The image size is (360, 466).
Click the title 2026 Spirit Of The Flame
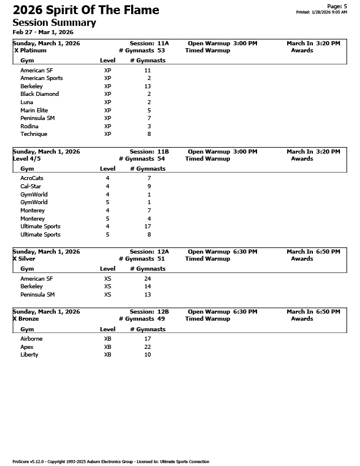click(x=86, y=10)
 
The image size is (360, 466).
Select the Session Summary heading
click(x=54, y=22)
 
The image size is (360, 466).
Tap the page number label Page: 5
click(x=337, y=6)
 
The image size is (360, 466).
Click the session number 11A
click(x=163, y=44)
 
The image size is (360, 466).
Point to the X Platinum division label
click(x=30, y=51)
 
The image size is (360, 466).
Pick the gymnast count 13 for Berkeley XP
click(x=148, y=86)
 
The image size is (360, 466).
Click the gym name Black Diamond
click(x=39, y=94)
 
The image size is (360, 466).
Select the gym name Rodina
click(x=29, y=126)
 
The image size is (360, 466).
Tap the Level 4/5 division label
click(x=27, y=159)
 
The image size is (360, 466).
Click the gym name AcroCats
click(x=32, y=178)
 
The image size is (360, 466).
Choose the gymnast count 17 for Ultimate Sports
click(x=148, y=227)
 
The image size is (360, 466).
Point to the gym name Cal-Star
click(x=31, y=187)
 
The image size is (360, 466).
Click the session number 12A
click(x=163, y=252)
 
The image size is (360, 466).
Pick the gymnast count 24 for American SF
click(x=148, y=278)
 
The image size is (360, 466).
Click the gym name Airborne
click(x=31, y=339)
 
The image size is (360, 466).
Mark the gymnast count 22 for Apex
click(x=148, y=347)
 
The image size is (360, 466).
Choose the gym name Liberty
click(x=29, y=355)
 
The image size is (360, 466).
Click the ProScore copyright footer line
click(x=111, y=462)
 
